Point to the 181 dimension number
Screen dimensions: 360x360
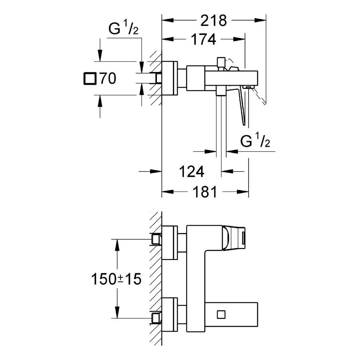(204, 192)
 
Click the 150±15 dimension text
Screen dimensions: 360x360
(116, 279)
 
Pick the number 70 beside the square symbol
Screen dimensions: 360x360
(108, 79)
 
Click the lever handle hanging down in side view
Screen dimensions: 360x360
(243, 106)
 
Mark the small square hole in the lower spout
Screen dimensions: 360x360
(220, 314)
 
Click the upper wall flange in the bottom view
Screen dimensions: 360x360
(169, 243)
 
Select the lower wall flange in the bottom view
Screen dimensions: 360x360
(169, 314)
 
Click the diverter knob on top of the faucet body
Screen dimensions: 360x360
(220, 62)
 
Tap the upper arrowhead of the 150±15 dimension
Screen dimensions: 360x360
(117, 243)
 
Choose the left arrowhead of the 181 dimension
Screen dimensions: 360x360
(166, 193)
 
